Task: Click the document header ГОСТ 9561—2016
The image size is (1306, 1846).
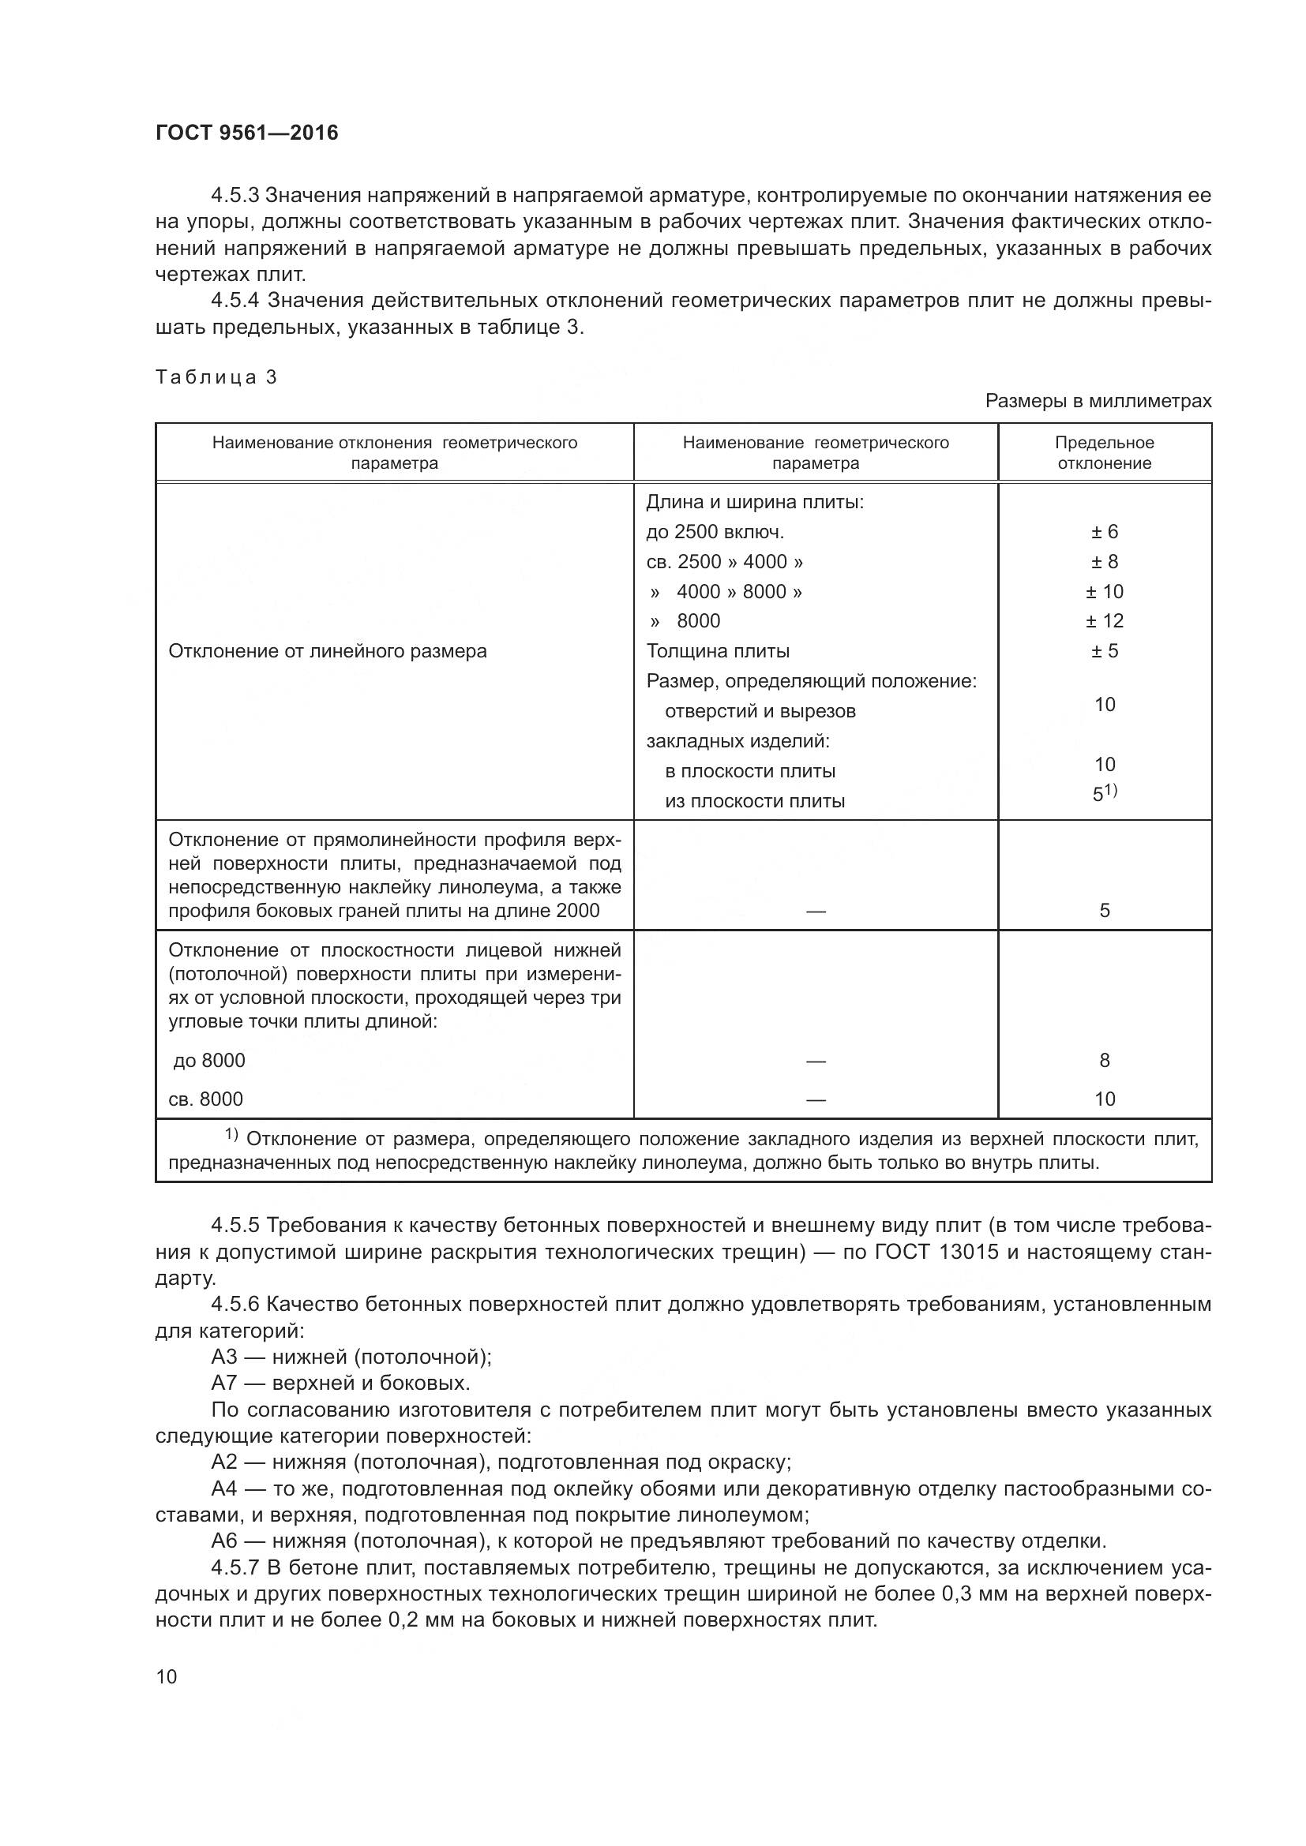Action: (247, 133)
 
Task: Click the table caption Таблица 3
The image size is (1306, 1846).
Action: (216, 377)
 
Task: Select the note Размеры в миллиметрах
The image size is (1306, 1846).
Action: (1098, 401)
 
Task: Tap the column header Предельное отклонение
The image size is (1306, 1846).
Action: (1104, 453)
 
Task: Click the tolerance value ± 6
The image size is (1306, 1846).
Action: (1104, 531)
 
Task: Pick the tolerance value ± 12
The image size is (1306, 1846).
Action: (1104, 620)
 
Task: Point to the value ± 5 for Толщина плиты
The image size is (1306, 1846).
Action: (1104, 650)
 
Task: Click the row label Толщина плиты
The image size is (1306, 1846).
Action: (717, 650)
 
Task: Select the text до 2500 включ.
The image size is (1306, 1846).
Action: (715, 531)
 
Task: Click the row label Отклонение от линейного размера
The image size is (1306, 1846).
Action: (328, 650)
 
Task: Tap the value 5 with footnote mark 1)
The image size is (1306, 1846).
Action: (1104, 793)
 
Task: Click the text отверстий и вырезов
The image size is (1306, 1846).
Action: (760, 711)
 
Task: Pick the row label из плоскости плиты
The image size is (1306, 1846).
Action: (754, 801)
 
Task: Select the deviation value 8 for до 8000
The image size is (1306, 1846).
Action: (1104, 1061)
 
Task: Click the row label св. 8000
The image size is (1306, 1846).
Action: (206, 1099)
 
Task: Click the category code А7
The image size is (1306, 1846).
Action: (225, 1383)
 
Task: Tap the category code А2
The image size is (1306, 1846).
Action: (225, 1462)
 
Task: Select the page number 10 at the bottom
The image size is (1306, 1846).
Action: (167, 1676)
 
